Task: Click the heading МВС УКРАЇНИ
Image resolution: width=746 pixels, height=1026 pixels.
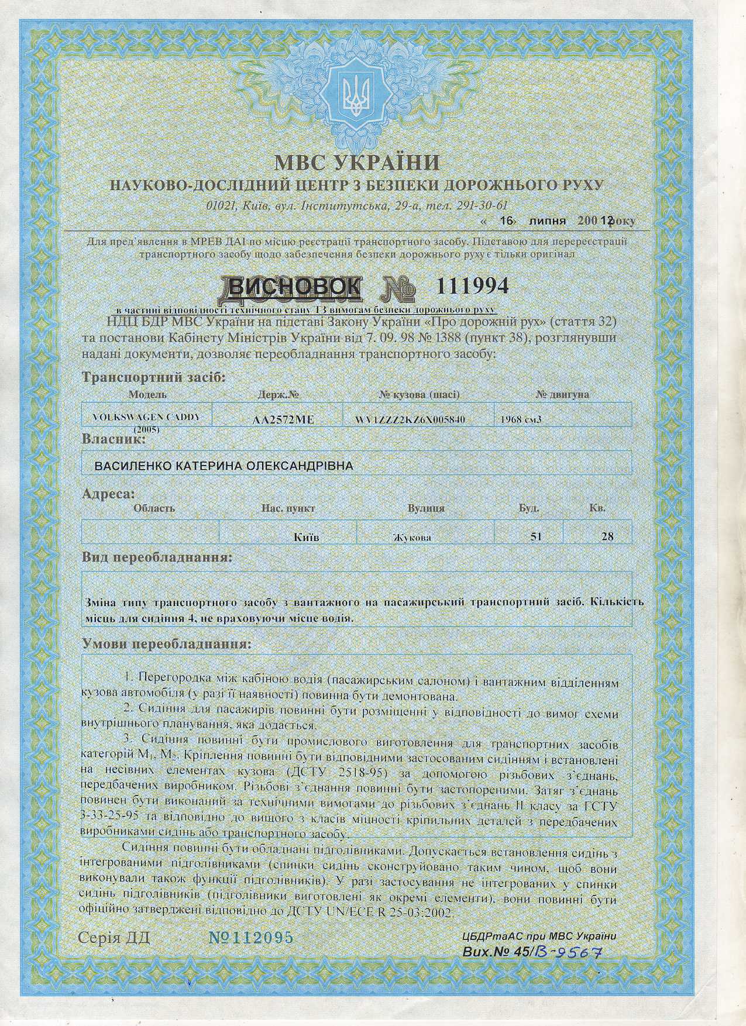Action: (x=356, y=162)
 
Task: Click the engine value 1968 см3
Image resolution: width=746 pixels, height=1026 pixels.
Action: (x=521, y=419)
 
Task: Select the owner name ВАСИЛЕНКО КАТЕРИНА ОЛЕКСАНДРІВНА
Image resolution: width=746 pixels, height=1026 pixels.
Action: (x=224, y=466)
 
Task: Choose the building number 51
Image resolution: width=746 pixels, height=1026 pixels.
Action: (x=535, y=536)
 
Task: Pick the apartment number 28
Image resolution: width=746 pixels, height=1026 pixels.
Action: (x=607, y=536)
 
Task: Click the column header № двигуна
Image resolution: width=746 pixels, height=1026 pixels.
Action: (x=562, y=395)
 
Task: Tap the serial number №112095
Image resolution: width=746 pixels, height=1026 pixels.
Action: (x=251, y=938)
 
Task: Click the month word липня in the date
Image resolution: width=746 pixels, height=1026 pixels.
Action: (x=546, y=221)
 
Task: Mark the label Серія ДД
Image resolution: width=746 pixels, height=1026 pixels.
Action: (x=114, y=938)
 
